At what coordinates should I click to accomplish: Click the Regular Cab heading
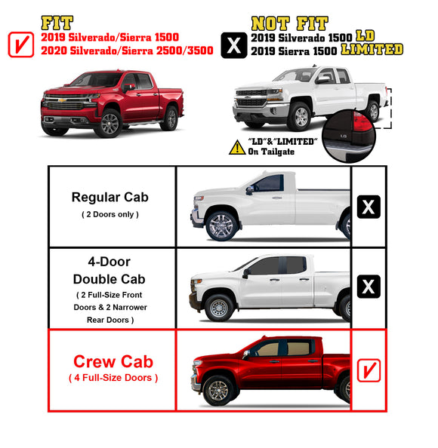[x=110, y=198]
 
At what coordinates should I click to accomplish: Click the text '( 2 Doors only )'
[x=110, y=215]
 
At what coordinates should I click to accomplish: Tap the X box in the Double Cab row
[x=369, y=287]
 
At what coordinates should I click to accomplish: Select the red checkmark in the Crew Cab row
[x=368, y=370]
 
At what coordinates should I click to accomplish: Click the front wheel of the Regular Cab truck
[x=221, y=226]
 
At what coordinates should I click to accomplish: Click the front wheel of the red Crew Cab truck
[x=218, y=390]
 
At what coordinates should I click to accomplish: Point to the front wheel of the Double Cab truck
[x=218, y=307]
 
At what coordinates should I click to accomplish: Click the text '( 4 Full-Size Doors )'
[x=113, y=377]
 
